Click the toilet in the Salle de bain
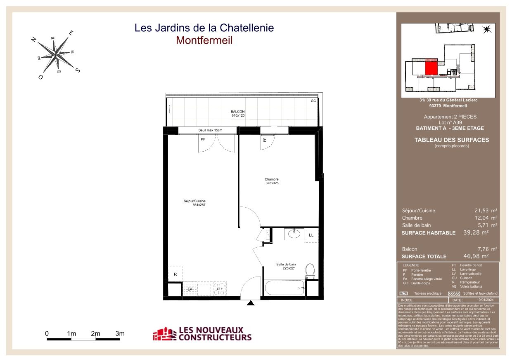tap(310, 271)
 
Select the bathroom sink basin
tap(294, 234)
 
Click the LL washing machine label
tap(311, 235)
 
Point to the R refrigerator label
tap(175, 274)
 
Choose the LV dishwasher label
tap(190, 289)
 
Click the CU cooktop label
tap(219, 289)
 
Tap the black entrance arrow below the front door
tap(250, 304)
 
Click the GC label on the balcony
tap(313, 101)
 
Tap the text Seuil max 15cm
tap(210, 130)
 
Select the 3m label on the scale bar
tap(120, 333)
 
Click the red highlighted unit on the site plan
tap(431, 67)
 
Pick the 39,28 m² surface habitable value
tap(478, 232)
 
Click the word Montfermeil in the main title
tap(204, 40)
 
